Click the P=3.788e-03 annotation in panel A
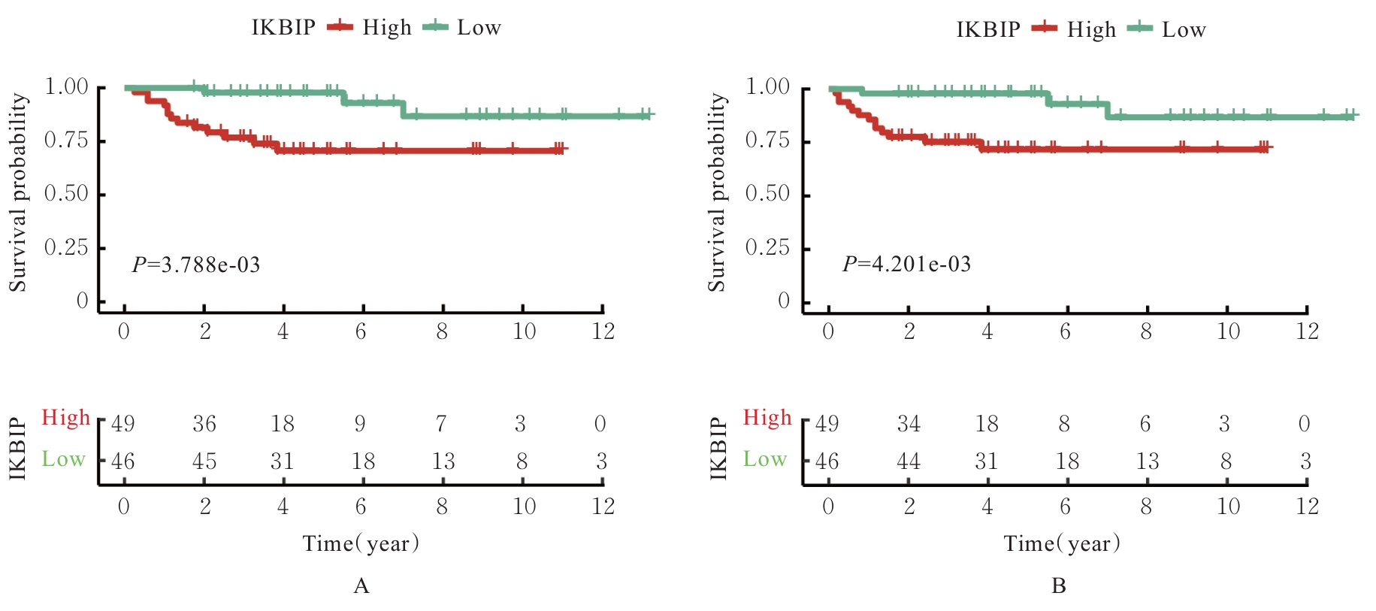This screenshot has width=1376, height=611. coord(196,265)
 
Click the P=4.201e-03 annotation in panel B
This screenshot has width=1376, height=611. coord(906,265)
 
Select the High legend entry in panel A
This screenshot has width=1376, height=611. coord(386,28)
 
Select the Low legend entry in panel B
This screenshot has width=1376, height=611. coord(1183,30)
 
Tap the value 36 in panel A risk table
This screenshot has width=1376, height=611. coord(204,425)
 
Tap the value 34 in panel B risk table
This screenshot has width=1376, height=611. coord(909,425)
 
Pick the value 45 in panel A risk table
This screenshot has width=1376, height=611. coord(204,461)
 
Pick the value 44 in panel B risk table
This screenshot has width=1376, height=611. coord(909,461)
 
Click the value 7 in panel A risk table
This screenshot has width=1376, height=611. coord(441,425)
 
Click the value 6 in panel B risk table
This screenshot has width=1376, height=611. coord(1145,425)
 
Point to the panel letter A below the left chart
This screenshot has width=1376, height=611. coord(361,586)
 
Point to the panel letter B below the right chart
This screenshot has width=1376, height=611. coord(1059,586)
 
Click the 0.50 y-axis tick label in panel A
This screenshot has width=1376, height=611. coord(66,194)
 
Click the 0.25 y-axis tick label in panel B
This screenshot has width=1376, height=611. coord(767,248)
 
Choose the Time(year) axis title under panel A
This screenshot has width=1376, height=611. coord(361,543)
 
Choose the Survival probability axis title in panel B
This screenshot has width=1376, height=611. coord(717,192)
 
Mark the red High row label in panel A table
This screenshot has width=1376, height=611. coord(65,418)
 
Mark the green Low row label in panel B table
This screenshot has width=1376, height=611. coord(765,459)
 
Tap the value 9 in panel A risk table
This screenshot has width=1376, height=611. coord(360,425)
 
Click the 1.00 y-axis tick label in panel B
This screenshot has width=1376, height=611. coord(767,87)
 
